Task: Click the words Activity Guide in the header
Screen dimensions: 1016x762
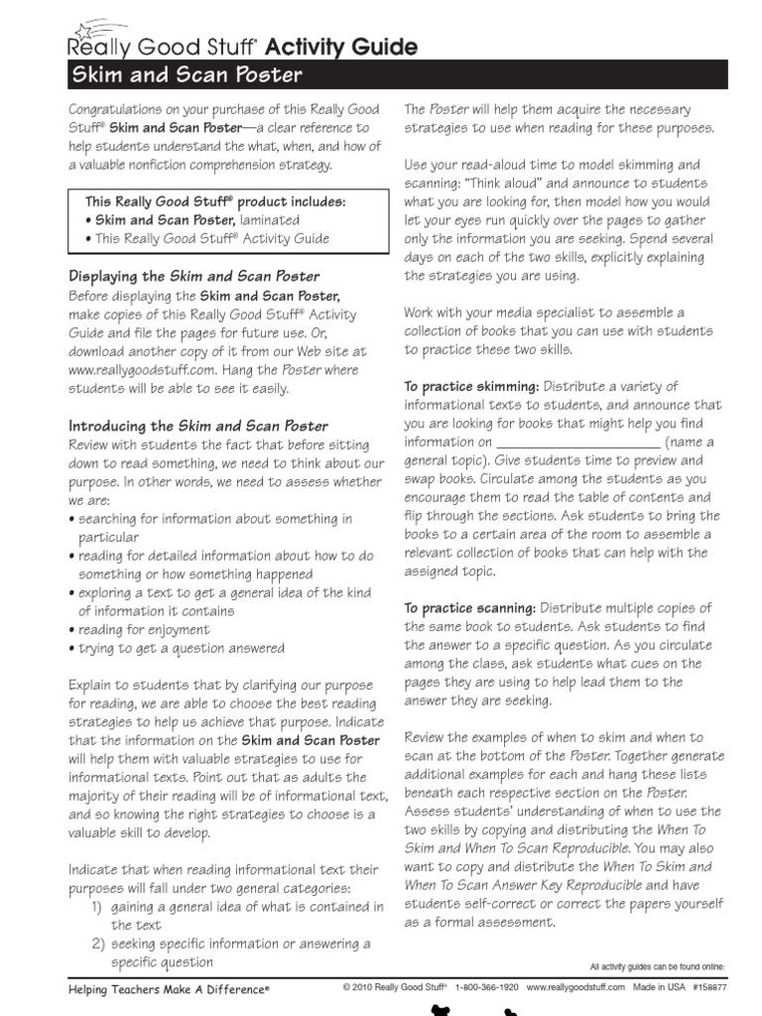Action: [x=353, y=47]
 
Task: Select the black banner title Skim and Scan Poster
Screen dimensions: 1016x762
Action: [x=185, y=75]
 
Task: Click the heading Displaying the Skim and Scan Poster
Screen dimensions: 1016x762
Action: [x=193, y=277]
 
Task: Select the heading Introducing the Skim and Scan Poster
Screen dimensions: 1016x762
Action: [x=197, y=426]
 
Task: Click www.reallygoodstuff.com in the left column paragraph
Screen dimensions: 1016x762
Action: [x=142, y=370]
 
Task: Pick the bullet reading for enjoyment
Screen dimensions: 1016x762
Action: [x=144, y=630]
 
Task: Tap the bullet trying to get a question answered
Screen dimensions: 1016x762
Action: [x=182, y=649]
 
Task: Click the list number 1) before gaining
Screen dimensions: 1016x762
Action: [x=97, y=907]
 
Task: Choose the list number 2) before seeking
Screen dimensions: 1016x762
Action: [x=97, y=944]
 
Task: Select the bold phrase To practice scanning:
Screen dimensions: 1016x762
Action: [x=470, y=608]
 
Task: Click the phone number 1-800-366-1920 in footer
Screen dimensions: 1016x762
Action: [x=486, y=989]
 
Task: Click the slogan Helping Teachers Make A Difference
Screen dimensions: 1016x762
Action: [x=169, y=990]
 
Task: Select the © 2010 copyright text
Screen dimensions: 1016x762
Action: [x=394, y=989]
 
